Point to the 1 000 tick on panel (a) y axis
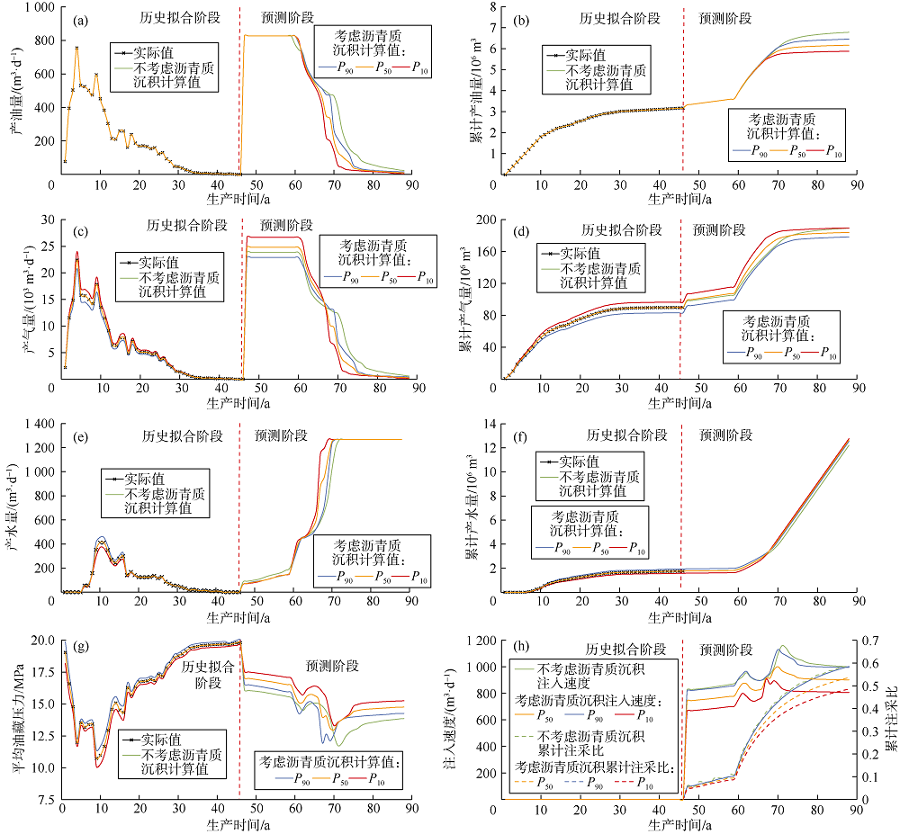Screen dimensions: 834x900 [32, 7]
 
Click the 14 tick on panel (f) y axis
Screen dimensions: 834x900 [489, 422]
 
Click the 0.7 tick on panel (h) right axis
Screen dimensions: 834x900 [868, 641]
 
